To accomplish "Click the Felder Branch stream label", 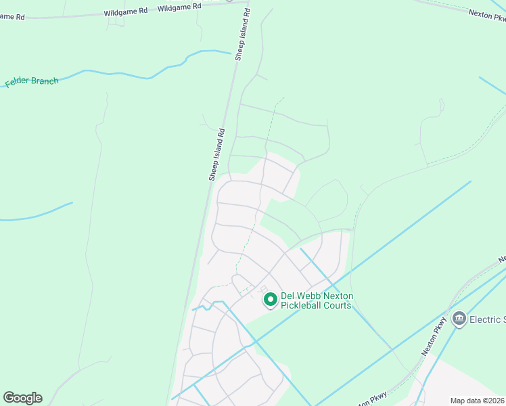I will [x=32, y=82].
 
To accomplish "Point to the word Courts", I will [x=339, y=305].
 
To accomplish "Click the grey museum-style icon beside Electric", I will [x=459, y=319].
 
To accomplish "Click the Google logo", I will [x=22, y=398].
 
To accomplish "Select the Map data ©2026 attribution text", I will [x=478, y=400].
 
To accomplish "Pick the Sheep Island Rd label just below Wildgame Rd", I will [x=243, y=35].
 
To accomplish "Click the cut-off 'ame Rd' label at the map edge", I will [x=12, y=16].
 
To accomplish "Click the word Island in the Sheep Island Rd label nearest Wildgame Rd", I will [x=243, y=35].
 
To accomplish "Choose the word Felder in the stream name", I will [x=18, y=83].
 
